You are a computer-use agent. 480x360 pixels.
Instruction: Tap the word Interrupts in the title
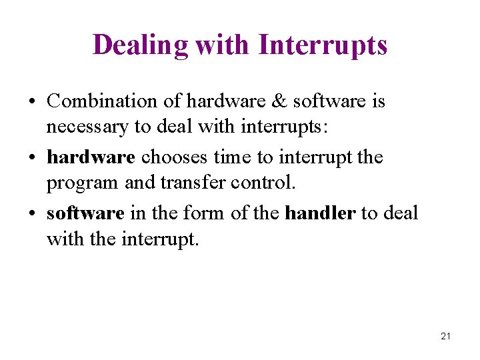pos(322,45)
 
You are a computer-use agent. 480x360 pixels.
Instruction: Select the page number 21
pos(446,336)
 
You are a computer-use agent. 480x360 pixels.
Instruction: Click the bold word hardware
pos(91,157)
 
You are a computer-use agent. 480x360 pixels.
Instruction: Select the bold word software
pos(85,213)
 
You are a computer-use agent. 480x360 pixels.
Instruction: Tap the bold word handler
pos(321,213)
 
